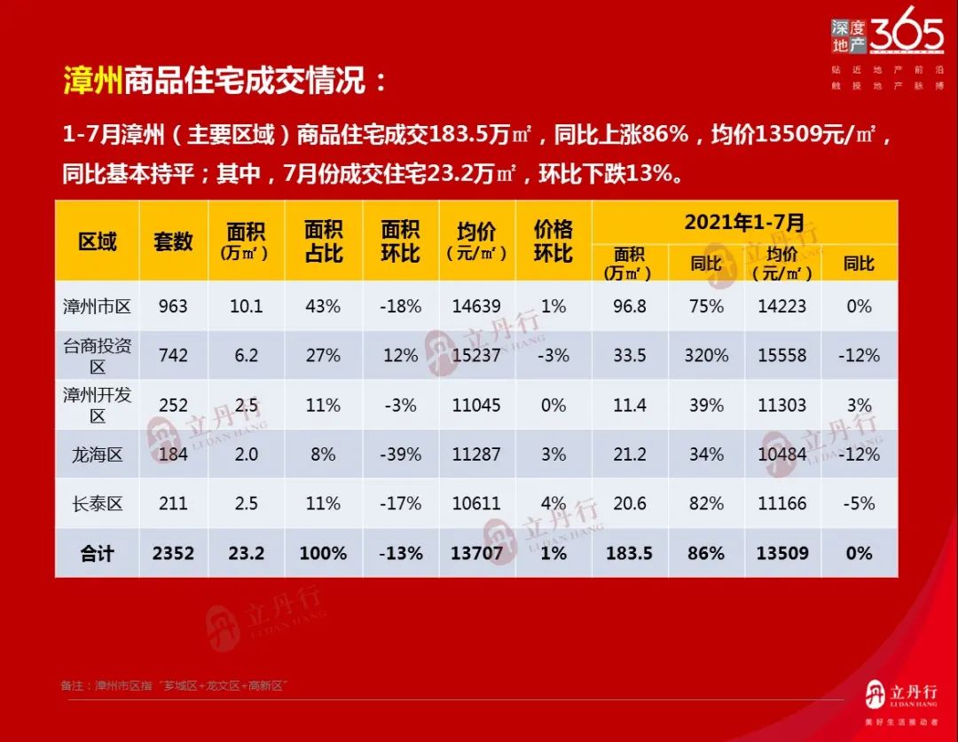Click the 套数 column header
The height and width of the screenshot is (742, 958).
173,241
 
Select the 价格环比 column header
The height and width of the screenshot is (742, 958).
553,241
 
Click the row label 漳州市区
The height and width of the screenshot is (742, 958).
97,306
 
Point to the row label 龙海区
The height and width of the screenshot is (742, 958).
97,454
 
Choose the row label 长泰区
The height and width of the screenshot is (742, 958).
97,503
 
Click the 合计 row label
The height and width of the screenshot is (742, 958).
97,553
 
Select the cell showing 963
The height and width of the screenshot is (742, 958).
173,306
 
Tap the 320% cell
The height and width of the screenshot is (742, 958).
706,355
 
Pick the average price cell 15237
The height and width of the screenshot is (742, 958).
476,355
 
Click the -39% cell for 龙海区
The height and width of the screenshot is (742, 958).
400,454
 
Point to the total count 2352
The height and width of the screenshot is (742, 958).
173,553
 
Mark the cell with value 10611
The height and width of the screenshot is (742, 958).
476,503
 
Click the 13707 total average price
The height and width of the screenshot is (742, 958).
476,553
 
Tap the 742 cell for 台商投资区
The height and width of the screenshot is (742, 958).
173,355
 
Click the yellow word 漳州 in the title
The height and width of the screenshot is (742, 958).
92,82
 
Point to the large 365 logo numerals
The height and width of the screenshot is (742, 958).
907,36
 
